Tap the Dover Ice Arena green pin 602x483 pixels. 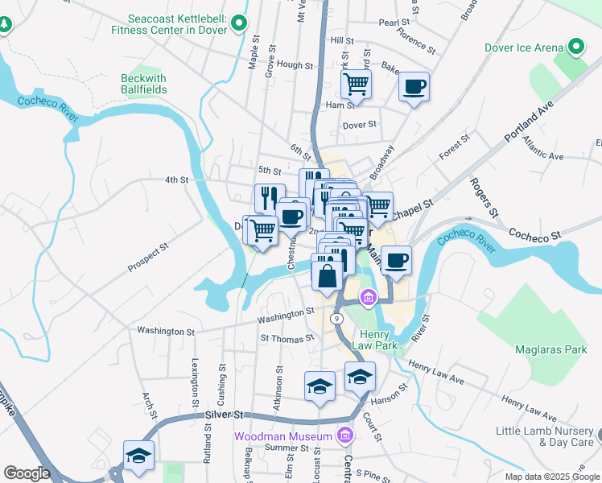pyautogui.click(x=576, y=47)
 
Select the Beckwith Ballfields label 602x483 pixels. pyautogui.click(x=144, y=84)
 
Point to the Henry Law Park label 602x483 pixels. pyautogui.click(x=374, y=340)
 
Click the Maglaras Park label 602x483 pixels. pyautogui.click(x=551, y=349)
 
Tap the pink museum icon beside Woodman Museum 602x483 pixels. pyautogui.click(x=345, y=436)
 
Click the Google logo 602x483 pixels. pyautogui.click(x=27, y=473)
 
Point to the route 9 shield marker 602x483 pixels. pyautogui.click(x=338, y=319)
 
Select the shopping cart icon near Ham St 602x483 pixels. pyautogui.click(x=355, y=84)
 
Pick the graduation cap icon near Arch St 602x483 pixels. pyautogui.click(x=138, y=456)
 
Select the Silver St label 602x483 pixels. pyautogui.click(x=224, y=414)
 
